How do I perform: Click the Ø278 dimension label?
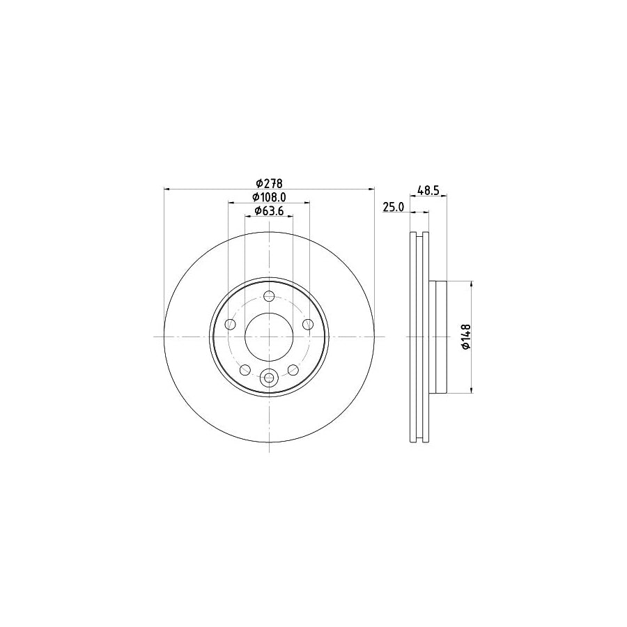coord(268,183)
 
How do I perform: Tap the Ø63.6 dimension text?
coord(268,211)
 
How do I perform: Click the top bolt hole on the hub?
coord(269,295)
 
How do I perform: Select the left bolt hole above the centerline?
coord(229,323)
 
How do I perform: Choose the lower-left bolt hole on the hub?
coord(245,369)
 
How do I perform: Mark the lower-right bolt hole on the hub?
coord(293,369)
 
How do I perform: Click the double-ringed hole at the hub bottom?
coord(269,378)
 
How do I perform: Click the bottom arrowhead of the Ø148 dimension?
coord(473,389)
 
